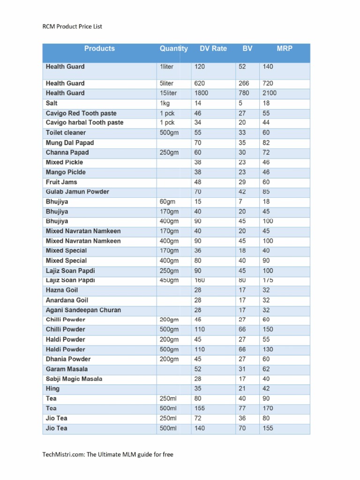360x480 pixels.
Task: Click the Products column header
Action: tap(99, 48)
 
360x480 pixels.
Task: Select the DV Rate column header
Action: tap(213, 48)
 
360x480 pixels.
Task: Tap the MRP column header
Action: tap(284, 48)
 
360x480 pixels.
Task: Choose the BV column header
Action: tap(247, 48)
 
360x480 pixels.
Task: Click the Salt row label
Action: tap(52, 103)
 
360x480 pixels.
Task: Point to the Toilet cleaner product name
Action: tap(66, 133)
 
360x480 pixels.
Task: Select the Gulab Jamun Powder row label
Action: tap(77, 192)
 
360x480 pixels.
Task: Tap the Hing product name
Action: tap(52, 389)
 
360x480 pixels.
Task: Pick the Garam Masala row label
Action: tap(67, 369)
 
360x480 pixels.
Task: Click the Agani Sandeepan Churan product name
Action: tap(83, 310)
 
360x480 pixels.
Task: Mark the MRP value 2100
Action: tap(270, 93)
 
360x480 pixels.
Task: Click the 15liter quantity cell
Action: tap(168, 93)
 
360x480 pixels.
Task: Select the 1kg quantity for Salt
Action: tap(164, 103)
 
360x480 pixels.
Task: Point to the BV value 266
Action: tap(244, 83)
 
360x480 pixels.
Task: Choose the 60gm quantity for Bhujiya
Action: tap(167, 202)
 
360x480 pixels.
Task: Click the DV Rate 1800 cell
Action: tap(202, 93)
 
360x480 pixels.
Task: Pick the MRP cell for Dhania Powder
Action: tap(267, 359)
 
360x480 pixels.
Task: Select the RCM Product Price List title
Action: tap(72, 26)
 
